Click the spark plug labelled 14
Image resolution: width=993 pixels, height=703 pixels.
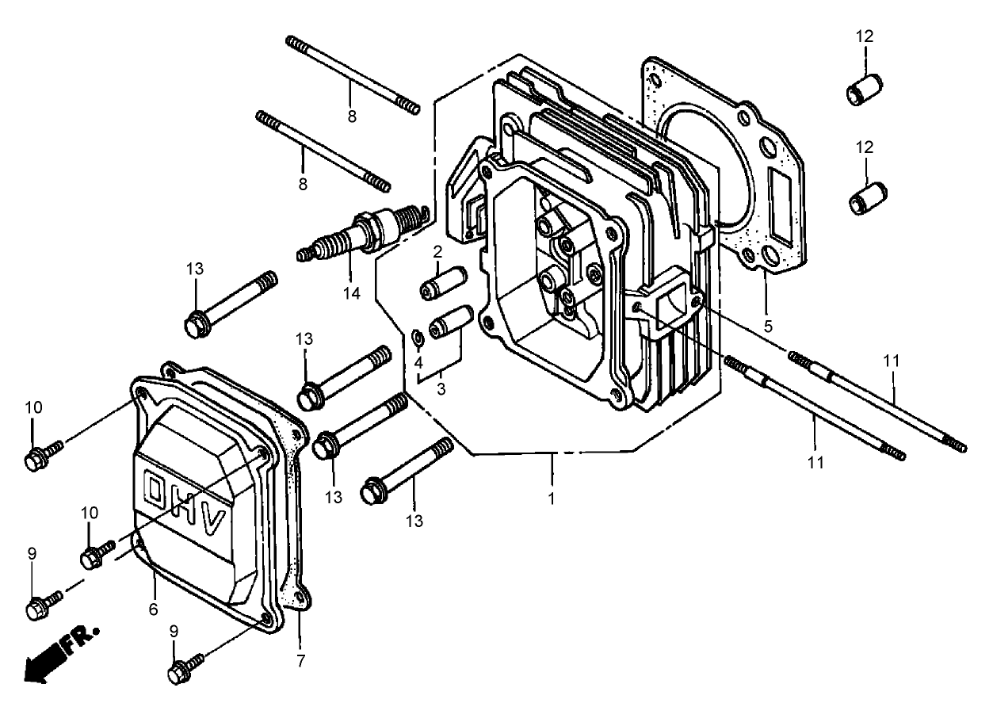coord(363,234)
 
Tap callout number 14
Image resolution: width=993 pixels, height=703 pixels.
coord(352,293)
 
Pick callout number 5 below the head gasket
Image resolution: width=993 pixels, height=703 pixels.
coord(768,327)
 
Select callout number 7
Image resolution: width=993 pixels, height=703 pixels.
coord(301,661)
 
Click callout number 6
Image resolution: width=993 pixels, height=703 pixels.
coord(154,609)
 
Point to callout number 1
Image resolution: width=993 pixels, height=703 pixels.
coord(551,499)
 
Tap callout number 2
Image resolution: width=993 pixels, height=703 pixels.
coord(437,252)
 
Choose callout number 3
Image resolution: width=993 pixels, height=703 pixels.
coord(441,389)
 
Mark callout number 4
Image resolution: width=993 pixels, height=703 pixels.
coord(418,362)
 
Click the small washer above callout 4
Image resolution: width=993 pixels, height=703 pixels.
coord(418,338)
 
